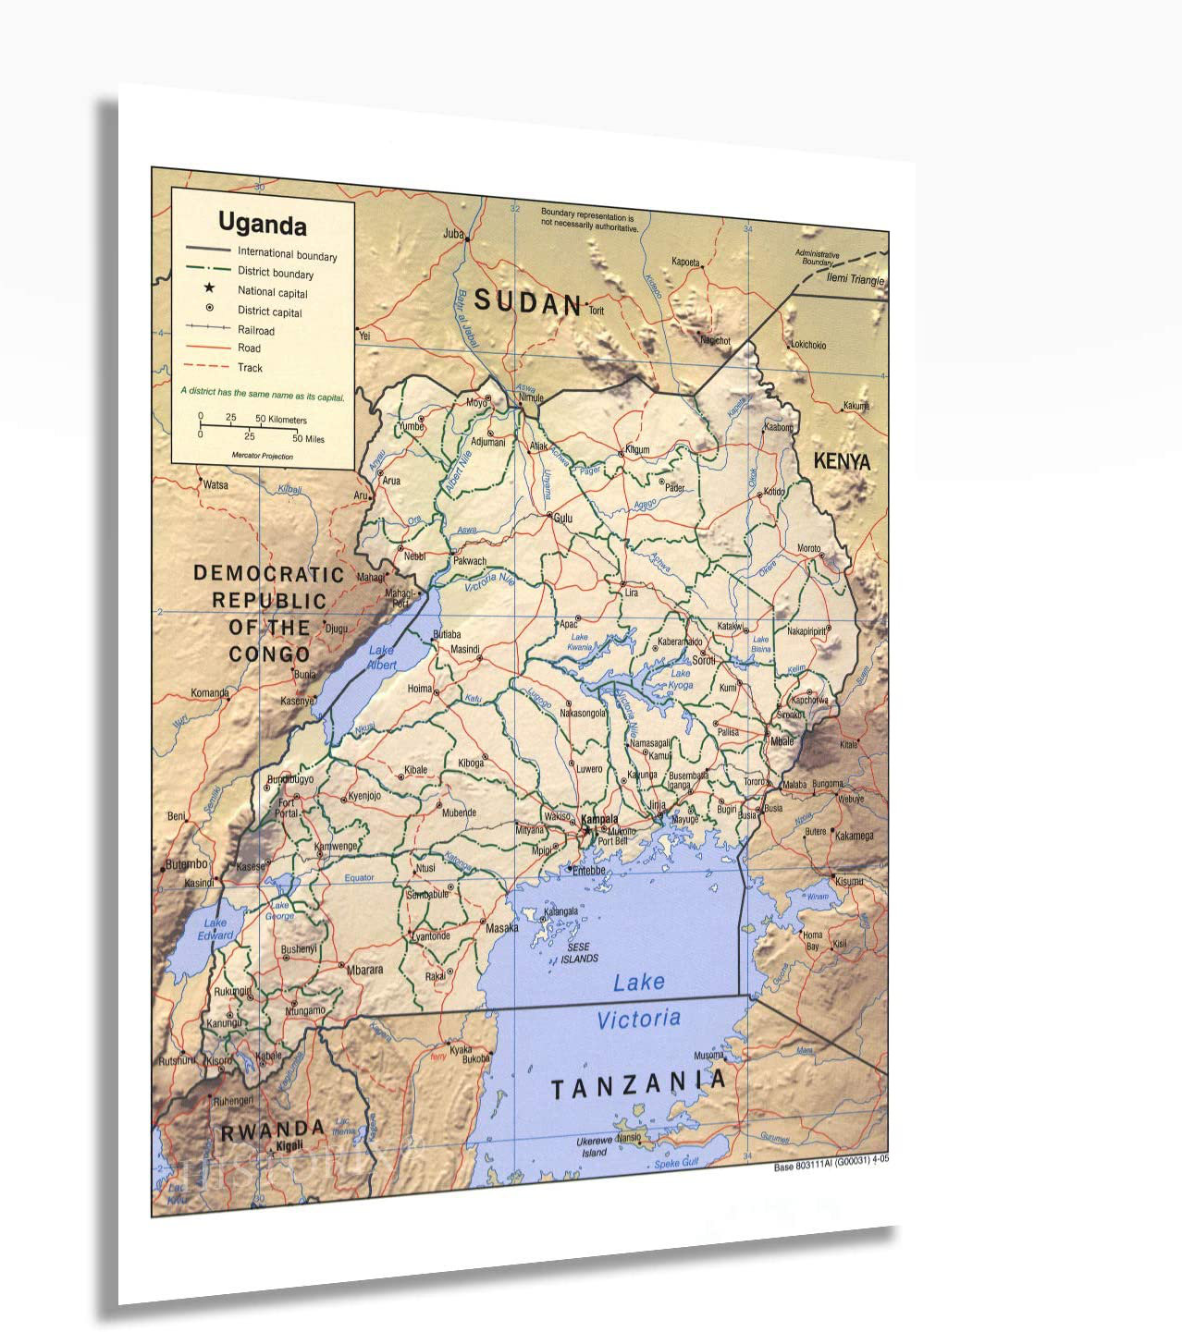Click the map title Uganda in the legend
(262, 225)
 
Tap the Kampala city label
(599, 819)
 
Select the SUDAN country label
(527, 301)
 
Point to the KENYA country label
(841, 460)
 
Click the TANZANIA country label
(638, 1084)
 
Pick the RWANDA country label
(272, 1130)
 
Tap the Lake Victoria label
(638, 1001)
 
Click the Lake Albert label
(381, 657)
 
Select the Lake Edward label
(215, 928)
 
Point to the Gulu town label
(562, 519)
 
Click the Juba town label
(452, 234)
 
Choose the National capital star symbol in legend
(210, 289)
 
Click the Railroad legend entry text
(256, 330)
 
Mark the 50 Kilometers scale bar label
(281, 420)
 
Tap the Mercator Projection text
(263, 456)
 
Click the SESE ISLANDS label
(579, 953)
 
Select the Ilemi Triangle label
(856, 280)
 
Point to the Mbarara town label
(364, 970)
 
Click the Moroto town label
(808, 548)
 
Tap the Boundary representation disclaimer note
(589, 220)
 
